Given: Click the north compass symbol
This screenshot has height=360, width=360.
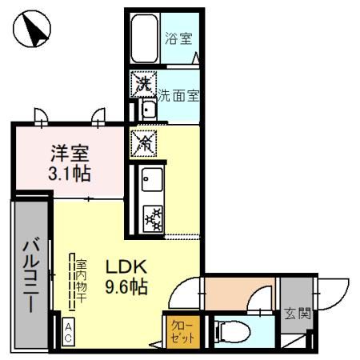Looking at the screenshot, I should (x=33, y=32).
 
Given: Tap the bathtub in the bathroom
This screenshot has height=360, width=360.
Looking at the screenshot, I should (x=146, y=39).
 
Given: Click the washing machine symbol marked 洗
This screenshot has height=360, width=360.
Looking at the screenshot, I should (x=143, y=82).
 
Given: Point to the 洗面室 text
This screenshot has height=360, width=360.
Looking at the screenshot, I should (x=178, y=94).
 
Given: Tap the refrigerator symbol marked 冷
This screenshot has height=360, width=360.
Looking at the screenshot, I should (x=146, y=142).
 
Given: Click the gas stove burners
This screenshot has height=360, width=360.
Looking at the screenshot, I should (x=152, y=217).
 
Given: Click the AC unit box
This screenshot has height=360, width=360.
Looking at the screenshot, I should (x=69, y=331).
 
